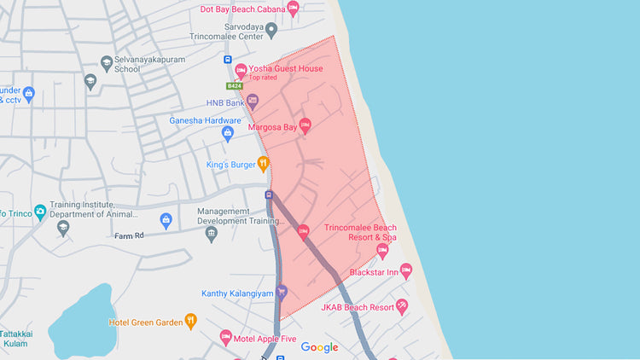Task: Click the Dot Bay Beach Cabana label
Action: point(241,9)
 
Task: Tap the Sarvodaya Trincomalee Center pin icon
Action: point(271,32)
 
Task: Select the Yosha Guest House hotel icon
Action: point(241,70)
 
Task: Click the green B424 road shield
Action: point(234,86)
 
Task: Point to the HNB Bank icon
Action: point(253,102)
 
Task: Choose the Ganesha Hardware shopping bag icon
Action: point(228,133)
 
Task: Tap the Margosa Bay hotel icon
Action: point(305,126)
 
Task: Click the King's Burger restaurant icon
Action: point(263,163)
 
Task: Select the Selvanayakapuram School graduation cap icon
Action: point(90,81)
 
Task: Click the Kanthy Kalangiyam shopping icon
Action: point(282,293)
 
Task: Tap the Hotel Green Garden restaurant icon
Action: point(191,322)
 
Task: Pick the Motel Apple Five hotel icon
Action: point(226,337)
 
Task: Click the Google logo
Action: point(319,347)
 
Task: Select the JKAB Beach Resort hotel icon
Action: point(402,306)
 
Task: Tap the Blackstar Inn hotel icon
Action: point(406,271)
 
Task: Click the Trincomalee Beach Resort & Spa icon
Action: point(382,251)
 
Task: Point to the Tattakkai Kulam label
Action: point(15,338)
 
